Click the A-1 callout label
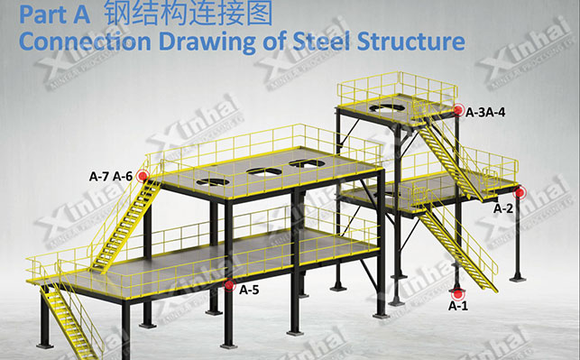[459, 307]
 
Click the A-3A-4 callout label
[485, 112]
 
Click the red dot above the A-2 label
[520, 191]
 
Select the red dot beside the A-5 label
[230, 286]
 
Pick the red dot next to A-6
[142, 176]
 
